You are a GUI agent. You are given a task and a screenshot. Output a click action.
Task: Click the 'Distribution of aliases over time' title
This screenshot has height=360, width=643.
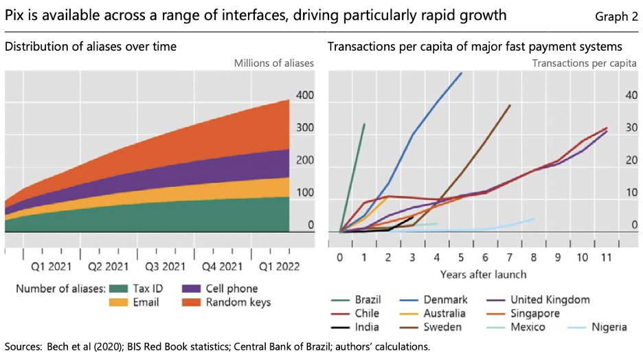[90, 47]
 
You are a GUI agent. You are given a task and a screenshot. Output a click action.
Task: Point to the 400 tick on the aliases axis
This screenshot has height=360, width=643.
[305, 95]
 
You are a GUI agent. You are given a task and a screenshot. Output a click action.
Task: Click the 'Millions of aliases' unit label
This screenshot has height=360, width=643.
[273, 63]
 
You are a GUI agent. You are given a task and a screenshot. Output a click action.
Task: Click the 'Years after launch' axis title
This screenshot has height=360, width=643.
[483, 274]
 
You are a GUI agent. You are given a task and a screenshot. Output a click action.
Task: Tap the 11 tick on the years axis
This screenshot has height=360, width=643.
[607, 258]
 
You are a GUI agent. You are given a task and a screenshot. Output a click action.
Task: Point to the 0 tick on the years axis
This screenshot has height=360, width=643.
[339, 258]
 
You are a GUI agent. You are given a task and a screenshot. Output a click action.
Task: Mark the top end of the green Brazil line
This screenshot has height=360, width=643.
[364, 124]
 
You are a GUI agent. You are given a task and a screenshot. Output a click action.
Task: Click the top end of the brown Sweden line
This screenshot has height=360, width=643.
[510, 106]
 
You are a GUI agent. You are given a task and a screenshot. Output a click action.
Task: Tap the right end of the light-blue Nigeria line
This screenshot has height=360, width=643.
[534, 219]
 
